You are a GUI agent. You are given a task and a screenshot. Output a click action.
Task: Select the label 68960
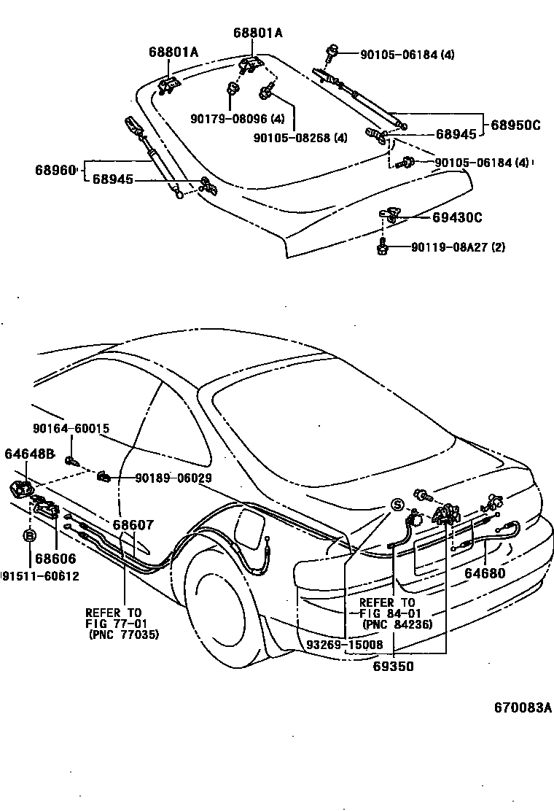(55, 170)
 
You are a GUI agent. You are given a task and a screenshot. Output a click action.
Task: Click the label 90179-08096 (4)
(238, 119)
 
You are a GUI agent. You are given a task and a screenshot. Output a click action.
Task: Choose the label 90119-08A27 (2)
(458, 247)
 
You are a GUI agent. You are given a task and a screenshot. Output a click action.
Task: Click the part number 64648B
(29, 454)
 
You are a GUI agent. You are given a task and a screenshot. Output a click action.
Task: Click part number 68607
(133, 524)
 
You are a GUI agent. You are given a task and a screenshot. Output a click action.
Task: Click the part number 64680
(485, 573)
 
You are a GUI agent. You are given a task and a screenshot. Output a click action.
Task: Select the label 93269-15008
(344, 645)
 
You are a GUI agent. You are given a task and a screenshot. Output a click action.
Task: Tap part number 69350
(394, 666)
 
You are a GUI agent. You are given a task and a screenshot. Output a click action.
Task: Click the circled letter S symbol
(397, 505)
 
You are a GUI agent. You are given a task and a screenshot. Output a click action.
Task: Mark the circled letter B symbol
(30, 536)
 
